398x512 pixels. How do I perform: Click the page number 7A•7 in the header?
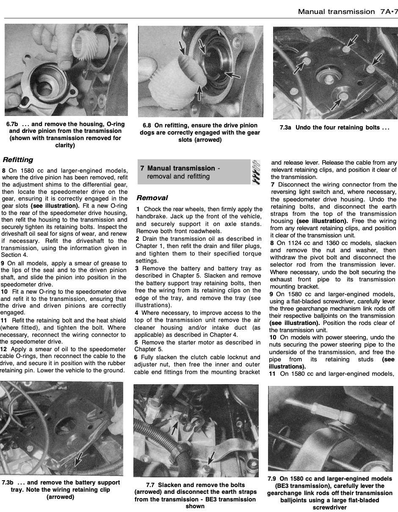388,12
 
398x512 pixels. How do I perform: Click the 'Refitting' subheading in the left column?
18,160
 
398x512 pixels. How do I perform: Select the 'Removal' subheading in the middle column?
152,198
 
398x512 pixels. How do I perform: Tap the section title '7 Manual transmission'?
178,168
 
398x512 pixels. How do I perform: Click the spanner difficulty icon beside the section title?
256,172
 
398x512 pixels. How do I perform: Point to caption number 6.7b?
12,124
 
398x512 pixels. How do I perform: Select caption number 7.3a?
285,127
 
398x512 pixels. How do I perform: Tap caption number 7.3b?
8,483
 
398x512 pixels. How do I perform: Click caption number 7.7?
150,485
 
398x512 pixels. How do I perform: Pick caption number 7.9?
272,479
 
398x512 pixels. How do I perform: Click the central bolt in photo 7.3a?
329,80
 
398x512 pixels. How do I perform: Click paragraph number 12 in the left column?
3,349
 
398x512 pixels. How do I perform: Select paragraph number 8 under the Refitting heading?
3,171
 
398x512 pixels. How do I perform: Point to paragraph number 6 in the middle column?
136,358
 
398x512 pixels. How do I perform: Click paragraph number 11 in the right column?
272,374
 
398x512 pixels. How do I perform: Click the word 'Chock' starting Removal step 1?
151,209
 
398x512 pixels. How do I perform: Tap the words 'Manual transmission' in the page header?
336,12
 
